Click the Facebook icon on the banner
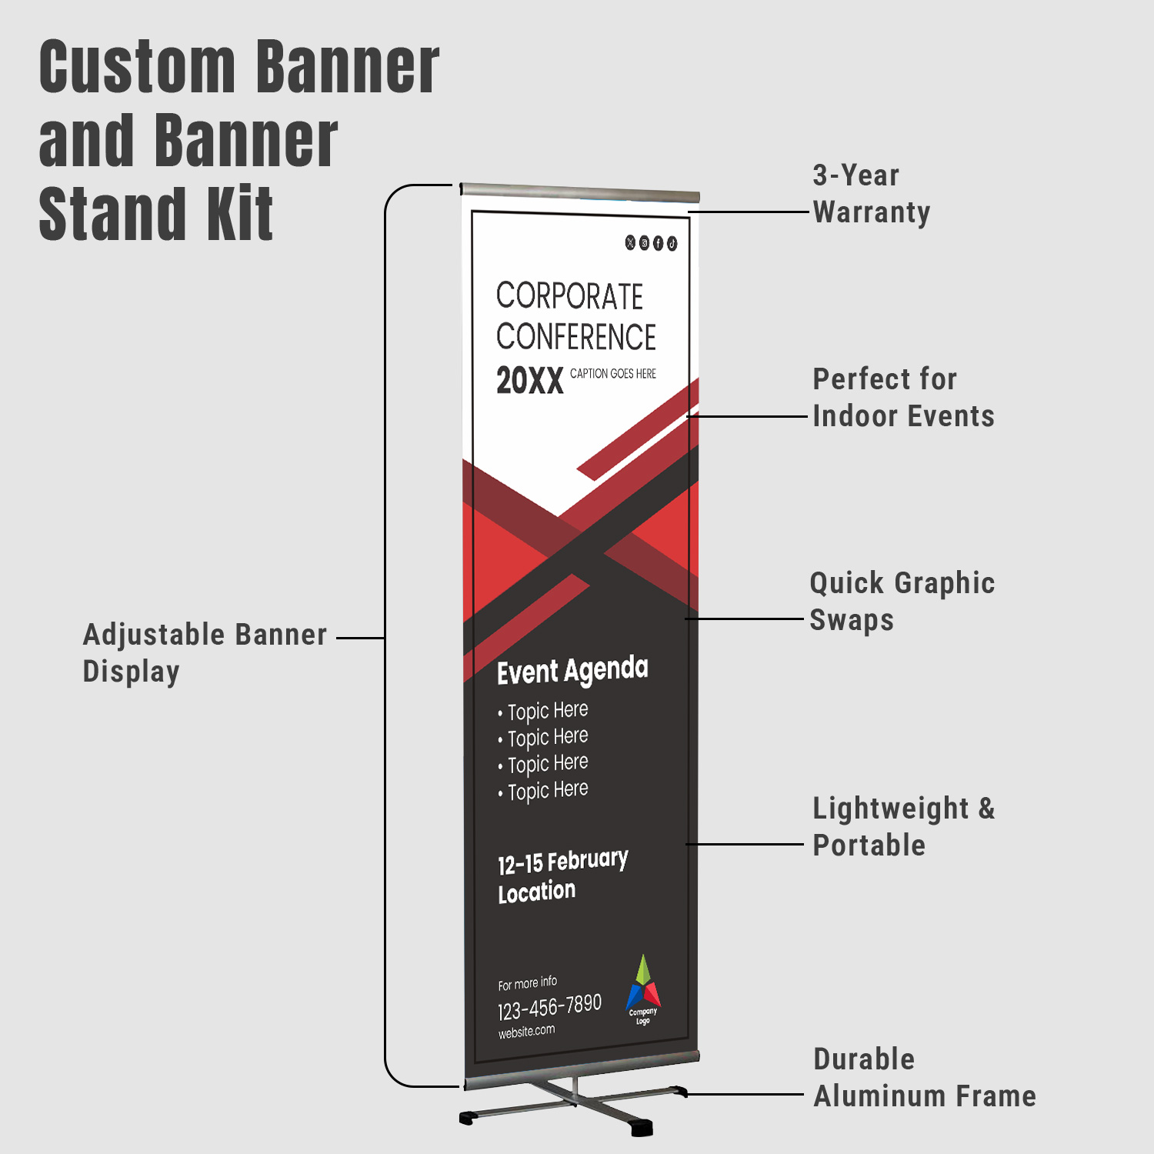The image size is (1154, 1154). [658, 243]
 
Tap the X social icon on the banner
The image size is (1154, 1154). [631, 242]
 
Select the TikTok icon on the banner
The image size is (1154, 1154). [672, 244]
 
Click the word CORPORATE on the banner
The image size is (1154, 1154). [569, 296]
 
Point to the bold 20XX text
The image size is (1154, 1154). [530, 380]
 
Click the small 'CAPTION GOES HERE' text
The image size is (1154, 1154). [613, 374]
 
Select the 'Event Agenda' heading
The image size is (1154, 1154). [572, 670]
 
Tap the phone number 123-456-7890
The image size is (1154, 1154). [549, 1007]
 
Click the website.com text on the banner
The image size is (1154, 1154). [526, 1032]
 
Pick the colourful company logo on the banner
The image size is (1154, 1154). [643, 989]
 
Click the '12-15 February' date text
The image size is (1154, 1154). [563, 862]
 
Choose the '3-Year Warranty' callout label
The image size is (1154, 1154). [872, 194]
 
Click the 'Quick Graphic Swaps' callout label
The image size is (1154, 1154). [902, 602]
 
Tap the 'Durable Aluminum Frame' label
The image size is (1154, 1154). [925, 1077]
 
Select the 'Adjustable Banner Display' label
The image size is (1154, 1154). [205, 653]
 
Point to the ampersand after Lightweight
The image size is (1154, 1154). [986, 809]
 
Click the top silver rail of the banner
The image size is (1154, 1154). [580, 192]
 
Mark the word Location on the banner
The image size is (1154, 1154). [536, 892]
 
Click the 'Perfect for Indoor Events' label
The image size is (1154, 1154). [904, 398]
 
